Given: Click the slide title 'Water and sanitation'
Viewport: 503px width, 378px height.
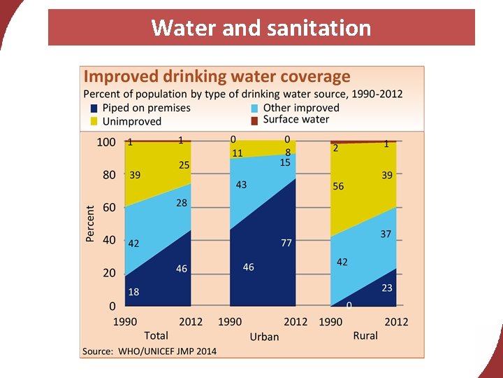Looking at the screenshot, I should pos(261,28).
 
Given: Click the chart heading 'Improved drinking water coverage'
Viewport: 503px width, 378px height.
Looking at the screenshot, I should pos(217,76).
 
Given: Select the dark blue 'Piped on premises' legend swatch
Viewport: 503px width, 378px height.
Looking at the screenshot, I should pos(94,108).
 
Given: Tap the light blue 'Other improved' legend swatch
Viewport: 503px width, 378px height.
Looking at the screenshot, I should pos(255,108).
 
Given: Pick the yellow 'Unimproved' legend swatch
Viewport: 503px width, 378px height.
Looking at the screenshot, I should pos(94,121).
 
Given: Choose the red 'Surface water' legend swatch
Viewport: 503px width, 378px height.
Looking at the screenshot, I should pos(255,120).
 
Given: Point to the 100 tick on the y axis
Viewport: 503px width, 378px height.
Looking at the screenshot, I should pos(106,142).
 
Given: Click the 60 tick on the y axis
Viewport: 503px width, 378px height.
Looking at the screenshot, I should pos(109,208).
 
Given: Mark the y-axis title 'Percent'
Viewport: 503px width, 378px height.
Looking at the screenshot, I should pos(90,224).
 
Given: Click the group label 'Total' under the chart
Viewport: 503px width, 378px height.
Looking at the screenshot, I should pos(156,335).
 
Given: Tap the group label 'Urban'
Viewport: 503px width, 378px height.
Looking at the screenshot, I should pos(264,337).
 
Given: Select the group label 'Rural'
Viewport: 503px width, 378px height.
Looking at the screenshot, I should pos(365,335).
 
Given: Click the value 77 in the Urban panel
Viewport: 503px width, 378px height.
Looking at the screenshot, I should pos(286,243).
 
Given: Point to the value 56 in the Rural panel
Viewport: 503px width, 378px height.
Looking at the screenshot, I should pos(338,186).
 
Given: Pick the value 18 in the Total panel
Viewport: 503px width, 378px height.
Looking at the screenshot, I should pos(133,292).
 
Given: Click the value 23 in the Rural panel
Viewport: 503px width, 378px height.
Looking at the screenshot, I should pos(386,287).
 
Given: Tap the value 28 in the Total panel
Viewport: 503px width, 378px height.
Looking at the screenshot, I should pos(182,203).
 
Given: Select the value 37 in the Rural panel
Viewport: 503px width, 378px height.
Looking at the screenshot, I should pos(386,234).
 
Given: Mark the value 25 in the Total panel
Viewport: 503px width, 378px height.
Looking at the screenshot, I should pos(183,165).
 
